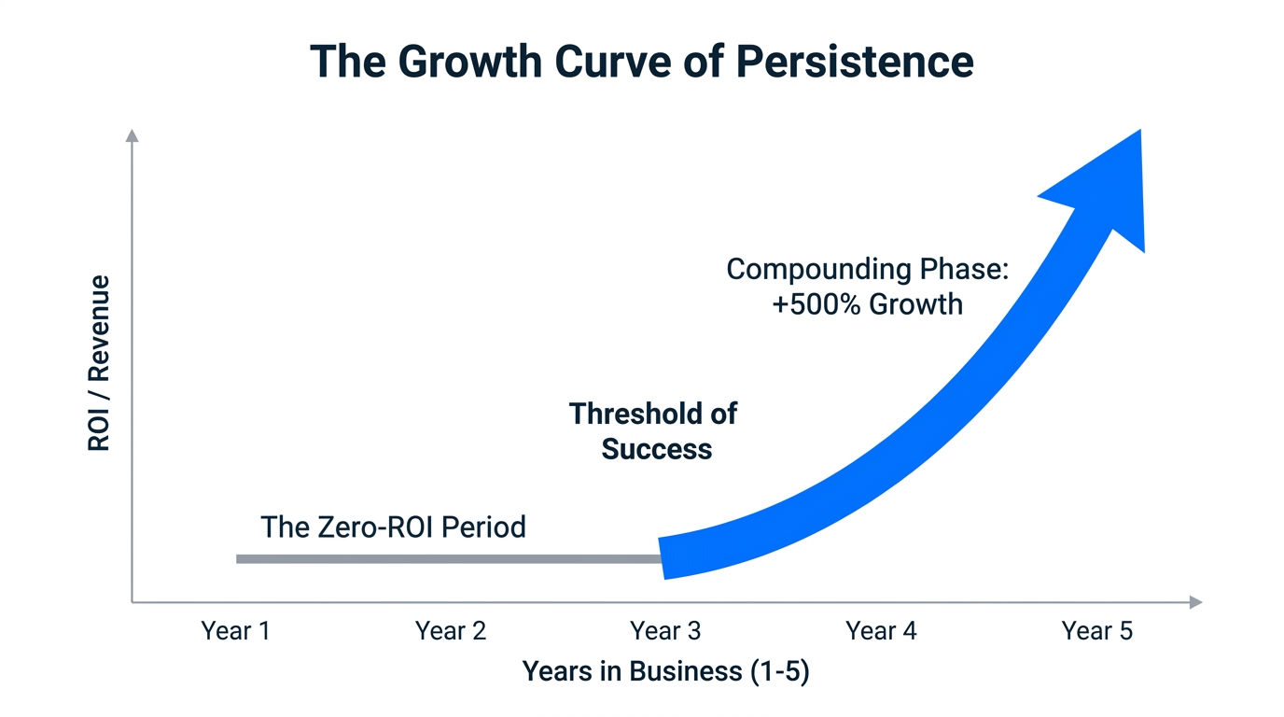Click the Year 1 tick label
click(x=235, y=631)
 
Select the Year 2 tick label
click(x=451, y=631)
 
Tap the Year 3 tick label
click(x=665, y=631)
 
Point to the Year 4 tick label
click(x=881, y=631)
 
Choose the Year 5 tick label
click(x=1096, y=631)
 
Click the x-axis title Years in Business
click(x=665, y=671)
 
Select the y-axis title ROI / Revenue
click(x=99, y=363)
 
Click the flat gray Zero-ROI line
click(x=448, y=559)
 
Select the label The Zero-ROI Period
click(x=393, y=527)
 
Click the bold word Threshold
click(x=653, y=414)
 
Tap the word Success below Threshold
click(x=656, y=449)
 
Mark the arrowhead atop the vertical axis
click(x=132, y=136)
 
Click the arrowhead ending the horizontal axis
click(x=1195, y=603)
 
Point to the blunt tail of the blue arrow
click(x=663, y=558)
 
